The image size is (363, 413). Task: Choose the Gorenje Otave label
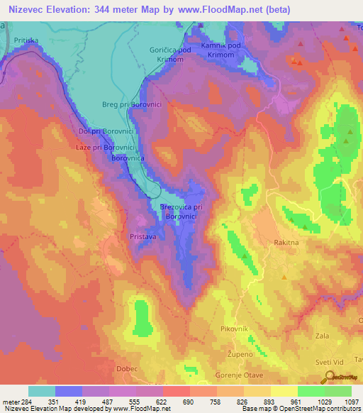pos(239,374)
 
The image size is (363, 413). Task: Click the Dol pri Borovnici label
pos(108,132)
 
